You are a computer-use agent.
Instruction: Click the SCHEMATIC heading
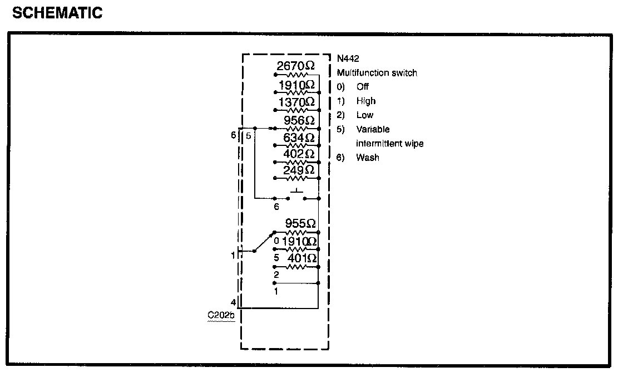coord(57,13)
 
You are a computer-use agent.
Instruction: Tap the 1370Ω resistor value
coord(296,102)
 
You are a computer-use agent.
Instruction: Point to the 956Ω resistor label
coord(299,120)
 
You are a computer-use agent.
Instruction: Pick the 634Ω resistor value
coord(299,137)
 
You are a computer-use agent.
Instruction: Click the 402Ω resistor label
coord(299,153)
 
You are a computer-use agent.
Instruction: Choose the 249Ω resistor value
coord(299,169)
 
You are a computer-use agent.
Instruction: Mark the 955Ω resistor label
coord(300,224)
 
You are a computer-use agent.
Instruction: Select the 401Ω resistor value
coord(301,258)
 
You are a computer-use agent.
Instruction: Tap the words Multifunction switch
coord(377,73)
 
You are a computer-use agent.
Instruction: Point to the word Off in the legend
coord(363,87)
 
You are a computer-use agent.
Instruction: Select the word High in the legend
coord(365,101)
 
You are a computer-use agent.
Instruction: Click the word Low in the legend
coord(364,115)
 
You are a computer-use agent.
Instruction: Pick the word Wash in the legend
coord(368,158)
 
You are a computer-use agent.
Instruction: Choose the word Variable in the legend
coord(373,129)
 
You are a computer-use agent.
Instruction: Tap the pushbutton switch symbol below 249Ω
coord(296,195)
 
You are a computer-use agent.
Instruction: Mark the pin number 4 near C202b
coord(234,303)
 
